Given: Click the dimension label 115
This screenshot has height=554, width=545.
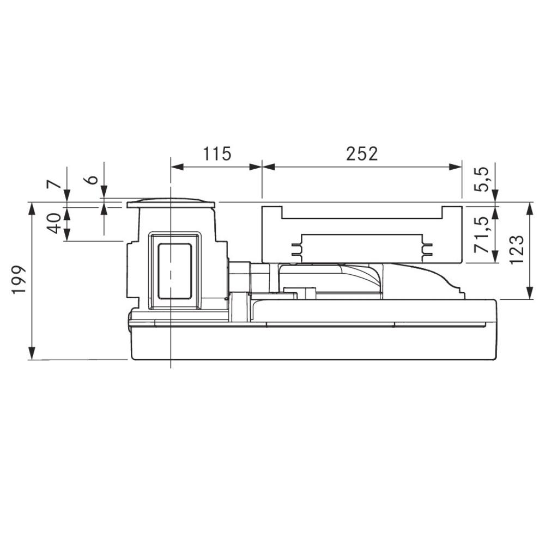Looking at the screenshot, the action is (x=217, y=153).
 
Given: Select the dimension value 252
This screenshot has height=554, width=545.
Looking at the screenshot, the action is (x=362, y=153).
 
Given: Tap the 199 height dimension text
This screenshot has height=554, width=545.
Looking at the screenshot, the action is (x=19, y=279).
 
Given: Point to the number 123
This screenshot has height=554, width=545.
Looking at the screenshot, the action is (x=517, y=249).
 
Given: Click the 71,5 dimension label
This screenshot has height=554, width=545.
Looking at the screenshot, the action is (x=482, y=234).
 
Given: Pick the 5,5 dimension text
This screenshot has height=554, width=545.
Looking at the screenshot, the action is (x=482, y=179).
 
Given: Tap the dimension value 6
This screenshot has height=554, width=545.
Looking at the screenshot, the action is (x=92, y=179).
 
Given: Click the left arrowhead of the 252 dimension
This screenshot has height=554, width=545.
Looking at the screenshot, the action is (x=268, y=167).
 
